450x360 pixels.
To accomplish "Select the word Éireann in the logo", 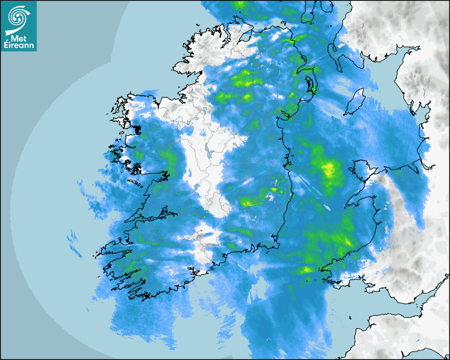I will [19, 46].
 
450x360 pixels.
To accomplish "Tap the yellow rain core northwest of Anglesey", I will [328, 169].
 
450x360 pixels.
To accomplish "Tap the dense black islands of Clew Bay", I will [137, 129].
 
